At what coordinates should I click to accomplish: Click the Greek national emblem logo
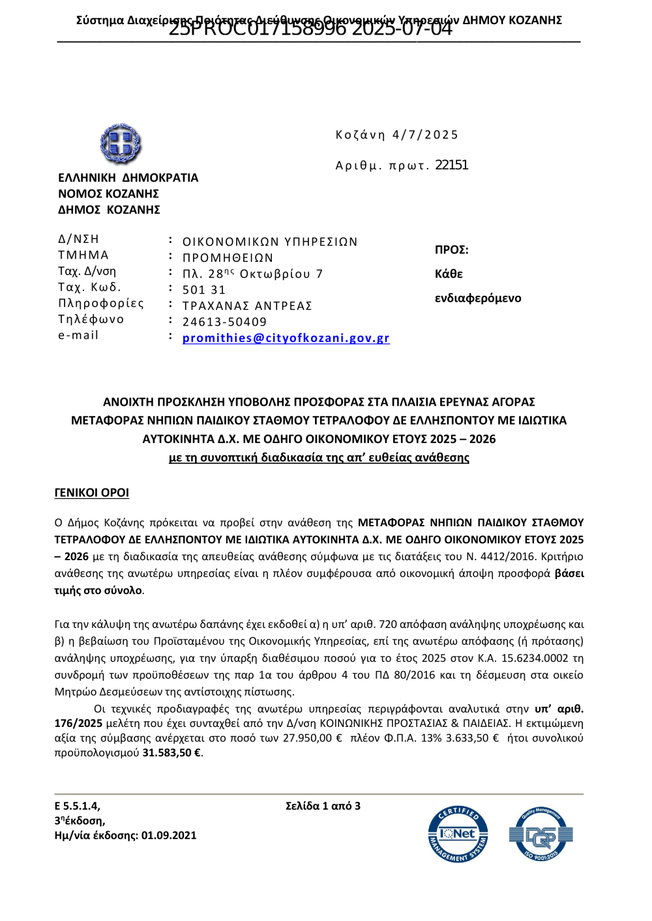tap(121, 143)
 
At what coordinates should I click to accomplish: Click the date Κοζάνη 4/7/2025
tap(396, 135)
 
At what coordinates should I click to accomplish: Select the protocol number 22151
tap(451, 165)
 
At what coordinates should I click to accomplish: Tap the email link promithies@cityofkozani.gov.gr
tap(286, 338)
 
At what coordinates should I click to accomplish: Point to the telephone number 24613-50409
tap(224, 322)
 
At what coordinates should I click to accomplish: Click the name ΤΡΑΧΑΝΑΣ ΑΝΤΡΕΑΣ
tap(247, 305)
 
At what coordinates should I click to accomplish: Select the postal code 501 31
tap(203, 290)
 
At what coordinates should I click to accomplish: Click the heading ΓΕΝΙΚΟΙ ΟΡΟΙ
tap(91, 492)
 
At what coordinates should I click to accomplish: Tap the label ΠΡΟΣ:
tap(451, 250)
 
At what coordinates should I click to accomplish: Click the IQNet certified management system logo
tap(458, 834)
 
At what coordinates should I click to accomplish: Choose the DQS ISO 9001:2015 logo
tap(540, 834)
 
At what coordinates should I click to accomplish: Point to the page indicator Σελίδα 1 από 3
tap(323, 806)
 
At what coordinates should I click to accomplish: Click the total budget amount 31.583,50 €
tap(171, 752)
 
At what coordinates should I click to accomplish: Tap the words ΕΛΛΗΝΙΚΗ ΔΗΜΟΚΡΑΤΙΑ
tap(128, 178)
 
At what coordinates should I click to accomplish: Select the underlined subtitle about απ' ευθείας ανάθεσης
tap(319, 457)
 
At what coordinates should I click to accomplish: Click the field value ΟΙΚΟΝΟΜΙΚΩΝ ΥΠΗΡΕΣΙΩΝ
tap(270, 242)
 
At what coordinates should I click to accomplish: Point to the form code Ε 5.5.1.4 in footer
tap(77, 806)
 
